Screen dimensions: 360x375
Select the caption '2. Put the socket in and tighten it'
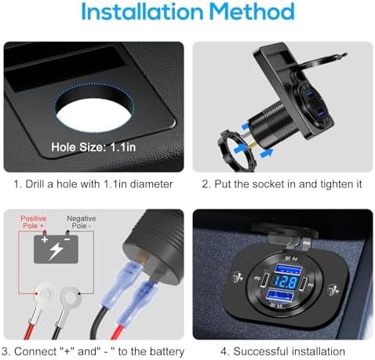[x=280, y=185]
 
